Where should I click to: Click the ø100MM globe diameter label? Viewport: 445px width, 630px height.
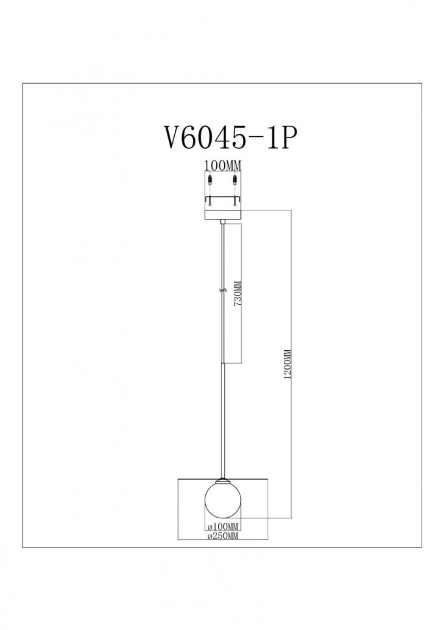click(x=223, y=525)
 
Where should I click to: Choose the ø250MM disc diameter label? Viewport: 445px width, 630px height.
click(x=223, y=536)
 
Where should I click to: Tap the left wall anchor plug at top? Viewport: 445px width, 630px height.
click(x=210, y=179)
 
